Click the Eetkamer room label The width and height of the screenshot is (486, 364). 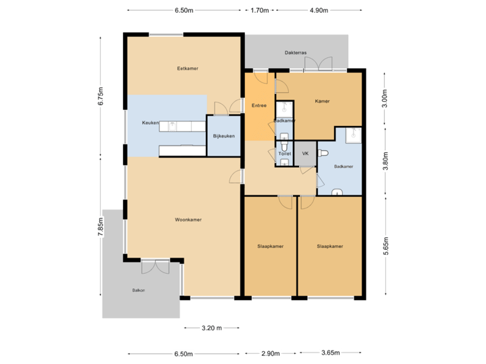[188, 68]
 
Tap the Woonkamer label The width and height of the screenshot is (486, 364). [188, 220]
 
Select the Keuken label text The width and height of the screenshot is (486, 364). [150, 123]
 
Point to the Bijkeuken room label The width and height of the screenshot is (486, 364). [223, 136]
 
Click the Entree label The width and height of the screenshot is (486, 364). [259, 105]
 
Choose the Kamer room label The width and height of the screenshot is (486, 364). [323, 101]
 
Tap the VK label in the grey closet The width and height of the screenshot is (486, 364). [305, 154]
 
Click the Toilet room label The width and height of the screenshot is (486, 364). [284, 154]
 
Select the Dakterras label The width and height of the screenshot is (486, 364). [296, 51]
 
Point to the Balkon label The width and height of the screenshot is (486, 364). [138, 291]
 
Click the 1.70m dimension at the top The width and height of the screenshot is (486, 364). [259, 11]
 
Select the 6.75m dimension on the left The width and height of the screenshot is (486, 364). [101, 96]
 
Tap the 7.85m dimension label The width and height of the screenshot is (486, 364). [101, 226]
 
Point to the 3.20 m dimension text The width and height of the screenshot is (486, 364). [212, 328]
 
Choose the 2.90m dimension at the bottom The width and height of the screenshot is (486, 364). [271, 353]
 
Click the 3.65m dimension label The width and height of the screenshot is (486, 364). [331, 353]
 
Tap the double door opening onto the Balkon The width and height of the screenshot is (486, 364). [159, 266]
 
